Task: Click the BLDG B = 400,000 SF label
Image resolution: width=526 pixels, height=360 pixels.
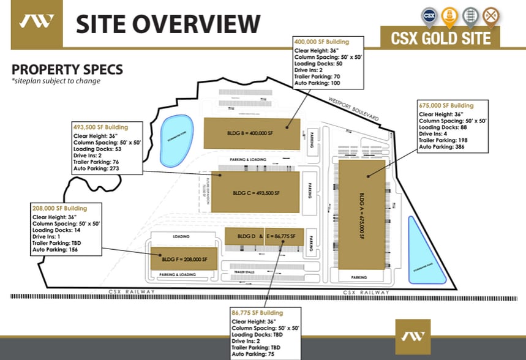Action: point(251,132)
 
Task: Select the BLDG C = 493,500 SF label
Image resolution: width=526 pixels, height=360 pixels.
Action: point(256,192)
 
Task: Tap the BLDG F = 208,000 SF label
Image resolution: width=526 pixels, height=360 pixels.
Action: point(184,259)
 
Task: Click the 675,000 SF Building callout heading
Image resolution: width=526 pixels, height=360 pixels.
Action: point(446,105)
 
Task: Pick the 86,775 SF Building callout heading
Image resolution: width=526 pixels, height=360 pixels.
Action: point(257,313)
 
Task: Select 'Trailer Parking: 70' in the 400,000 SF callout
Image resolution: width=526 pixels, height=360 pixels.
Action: point(318,75)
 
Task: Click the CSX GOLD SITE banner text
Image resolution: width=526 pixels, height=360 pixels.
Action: point(440,38)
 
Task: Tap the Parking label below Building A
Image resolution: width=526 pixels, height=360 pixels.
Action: point(359,277)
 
